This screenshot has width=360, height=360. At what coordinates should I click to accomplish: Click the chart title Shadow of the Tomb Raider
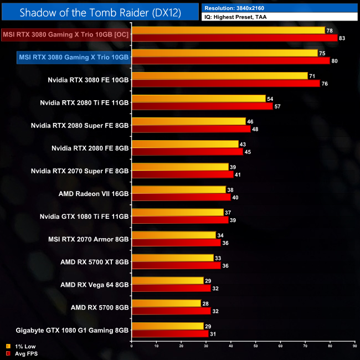[x=100, y=12]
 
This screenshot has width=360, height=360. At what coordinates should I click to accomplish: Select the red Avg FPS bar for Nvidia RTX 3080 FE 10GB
[x=225, y=84]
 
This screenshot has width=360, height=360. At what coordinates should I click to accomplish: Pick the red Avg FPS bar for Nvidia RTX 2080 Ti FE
[x=202, y=106]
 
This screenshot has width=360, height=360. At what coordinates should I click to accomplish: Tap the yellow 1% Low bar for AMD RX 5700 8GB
[x=166, y=303]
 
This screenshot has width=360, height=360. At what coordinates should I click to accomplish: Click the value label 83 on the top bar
[x=343, y=38]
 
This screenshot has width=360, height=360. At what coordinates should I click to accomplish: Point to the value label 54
[x=270, y=99]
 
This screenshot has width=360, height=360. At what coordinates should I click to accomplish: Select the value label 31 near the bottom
[x=213, y=333]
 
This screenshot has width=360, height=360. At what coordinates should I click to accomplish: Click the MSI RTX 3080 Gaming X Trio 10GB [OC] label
[x=66, y=34]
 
